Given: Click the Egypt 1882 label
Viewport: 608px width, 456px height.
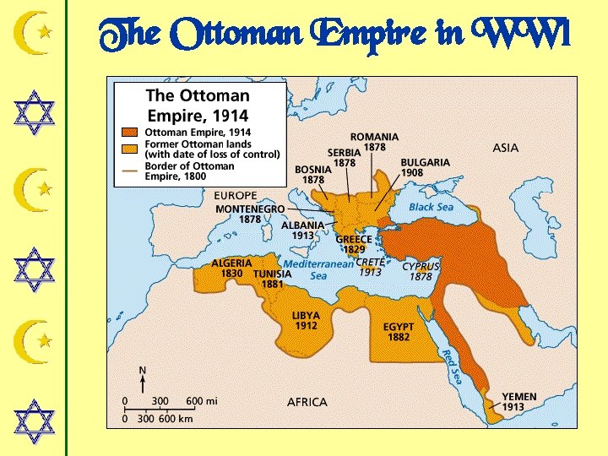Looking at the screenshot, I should click(x=399, y=332).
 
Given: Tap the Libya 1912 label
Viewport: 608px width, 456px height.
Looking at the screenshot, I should click(x=306, y=321).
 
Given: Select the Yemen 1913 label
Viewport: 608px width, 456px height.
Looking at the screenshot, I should click(x=518, y=402).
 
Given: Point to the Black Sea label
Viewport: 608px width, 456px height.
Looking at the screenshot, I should click(x=431, y=207).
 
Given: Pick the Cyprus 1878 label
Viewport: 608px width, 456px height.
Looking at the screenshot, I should click(x=421, y=271).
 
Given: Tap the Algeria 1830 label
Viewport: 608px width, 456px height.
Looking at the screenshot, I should click(x=231, y=269).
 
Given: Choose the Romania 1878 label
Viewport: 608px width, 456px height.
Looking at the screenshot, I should click(x=374, y=142).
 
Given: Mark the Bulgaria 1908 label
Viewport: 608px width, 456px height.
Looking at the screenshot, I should click(x=425, y=167).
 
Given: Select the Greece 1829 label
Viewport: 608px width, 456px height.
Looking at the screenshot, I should click(x=354, y=244).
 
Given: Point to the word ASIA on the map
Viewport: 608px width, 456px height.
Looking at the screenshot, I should click(x=505, y=148).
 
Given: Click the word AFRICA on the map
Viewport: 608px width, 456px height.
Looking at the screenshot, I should click(x=307, y=402).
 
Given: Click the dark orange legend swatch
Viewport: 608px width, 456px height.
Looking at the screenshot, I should click(x=129, y=133).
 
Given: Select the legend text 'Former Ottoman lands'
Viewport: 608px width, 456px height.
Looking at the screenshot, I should click(x=196, y=144).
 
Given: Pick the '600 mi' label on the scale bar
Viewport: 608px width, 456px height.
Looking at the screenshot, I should click(x=201, y=401).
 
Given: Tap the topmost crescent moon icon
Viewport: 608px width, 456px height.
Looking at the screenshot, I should click(x=35, y=33).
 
